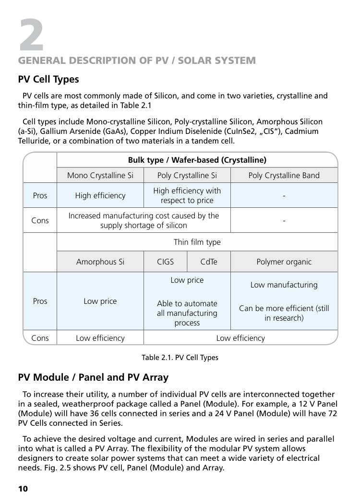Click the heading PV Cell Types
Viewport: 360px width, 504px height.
point(48,79)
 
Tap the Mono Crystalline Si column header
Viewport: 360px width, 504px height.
point(100,175)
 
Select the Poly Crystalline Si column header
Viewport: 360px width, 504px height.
point(187,175)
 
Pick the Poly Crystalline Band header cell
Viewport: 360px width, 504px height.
point(284,175)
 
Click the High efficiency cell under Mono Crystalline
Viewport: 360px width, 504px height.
point(100,195)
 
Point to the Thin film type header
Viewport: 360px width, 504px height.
point(197,242)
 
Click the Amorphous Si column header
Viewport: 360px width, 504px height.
point(100,262)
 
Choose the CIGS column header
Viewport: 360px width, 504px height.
point(166,262)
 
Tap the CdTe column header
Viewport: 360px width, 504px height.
point(209,262)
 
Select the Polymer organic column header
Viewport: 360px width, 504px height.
point(284,262)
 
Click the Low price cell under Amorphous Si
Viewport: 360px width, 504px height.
point(100,301)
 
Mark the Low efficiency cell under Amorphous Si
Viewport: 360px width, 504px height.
point(100,338)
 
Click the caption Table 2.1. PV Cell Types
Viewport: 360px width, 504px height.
point(180,358)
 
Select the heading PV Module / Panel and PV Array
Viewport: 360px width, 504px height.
point(93,377)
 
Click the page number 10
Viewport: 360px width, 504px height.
point(23,489)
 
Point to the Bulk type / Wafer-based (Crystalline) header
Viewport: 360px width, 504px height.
point(197,160)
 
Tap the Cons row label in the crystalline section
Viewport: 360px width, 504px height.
point(40,220)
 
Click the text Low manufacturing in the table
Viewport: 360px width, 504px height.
point(284,285)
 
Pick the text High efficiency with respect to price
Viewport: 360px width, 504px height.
point(187,195)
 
